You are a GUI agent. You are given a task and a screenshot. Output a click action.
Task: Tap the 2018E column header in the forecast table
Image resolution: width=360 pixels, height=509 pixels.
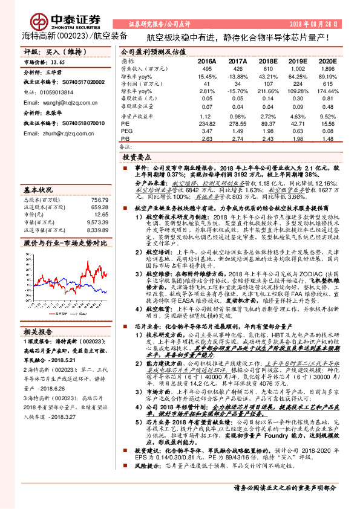pyautogui.click(x=268, y=62)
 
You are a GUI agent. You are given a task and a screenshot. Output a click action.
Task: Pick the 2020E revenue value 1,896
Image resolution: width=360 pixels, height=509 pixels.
pyautogui.click(x=327, y=70)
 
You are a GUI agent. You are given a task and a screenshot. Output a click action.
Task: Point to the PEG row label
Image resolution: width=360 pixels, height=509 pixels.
pyautogui.click(x=126, y=130)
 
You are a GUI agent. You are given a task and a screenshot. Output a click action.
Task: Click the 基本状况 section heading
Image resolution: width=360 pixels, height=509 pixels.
pyautogui.click(x=42, y=188)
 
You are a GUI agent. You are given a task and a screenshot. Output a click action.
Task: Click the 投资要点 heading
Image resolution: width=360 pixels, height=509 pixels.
pyautogui.click(x=137, y=156)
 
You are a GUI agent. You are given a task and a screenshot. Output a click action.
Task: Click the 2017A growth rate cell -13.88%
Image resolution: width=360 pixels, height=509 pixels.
pyautogui.click(x=237, y=77)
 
